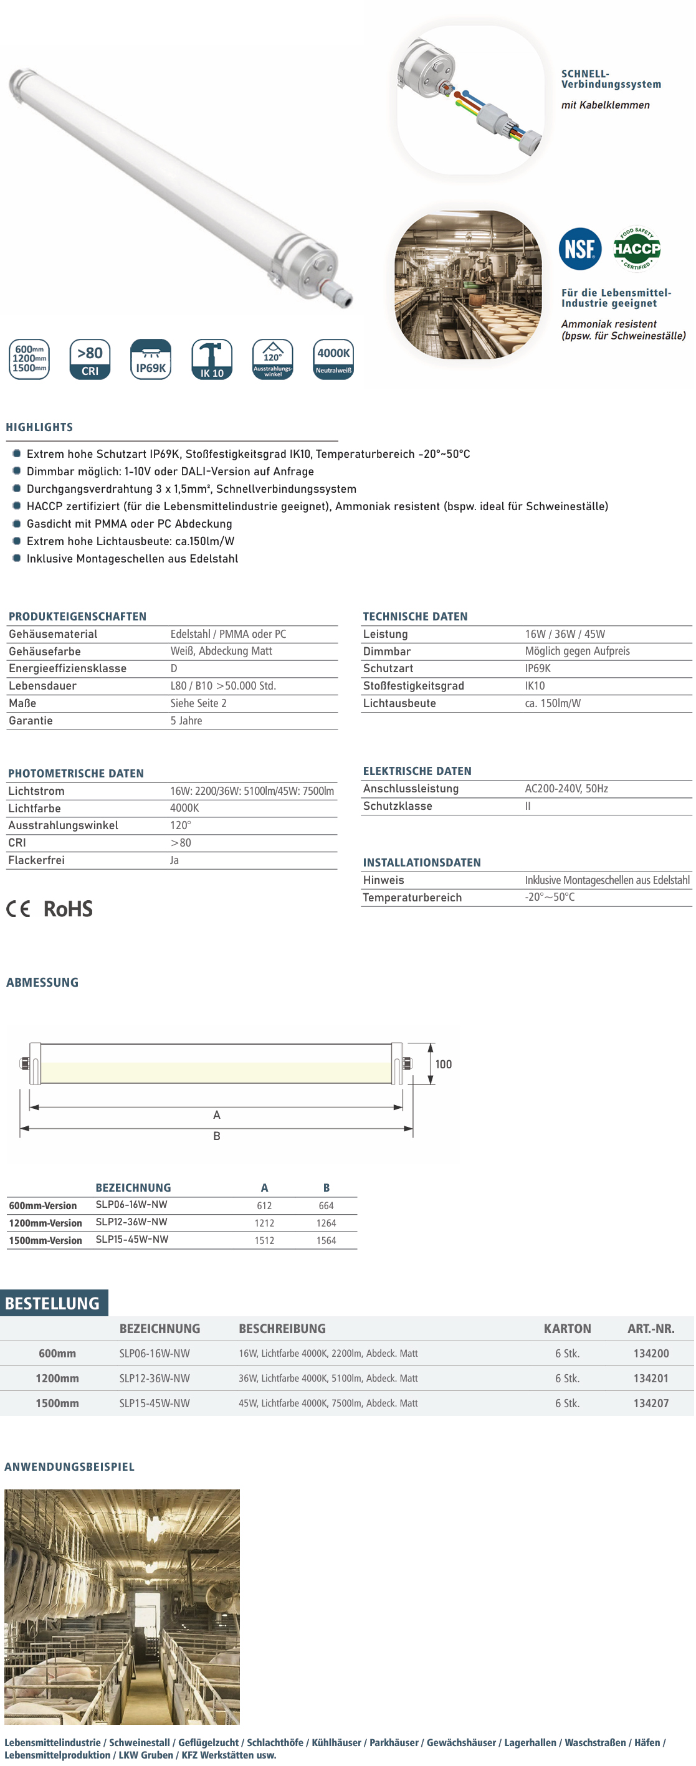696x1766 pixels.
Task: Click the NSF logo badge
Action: (579, 249)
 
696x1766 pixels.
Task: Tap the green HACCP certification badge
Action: (636, 248)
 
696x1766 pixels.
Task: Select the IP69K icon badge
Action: (151, 359)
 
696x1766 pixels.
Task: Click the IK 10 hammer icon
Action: (211, 359)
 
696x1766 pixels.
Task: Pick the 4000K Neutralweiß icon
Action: (333, 359)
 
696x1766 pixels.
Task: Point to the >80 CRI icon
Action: (90, 359)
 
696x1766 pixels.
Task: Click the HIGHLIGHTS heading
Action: (39, 427)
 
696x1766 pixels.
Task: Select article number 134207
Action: (651, 1403)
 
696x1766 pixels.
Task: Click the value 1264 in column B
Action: (326, 1222)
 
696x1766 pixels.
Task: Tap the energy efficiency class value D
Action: (173, 668)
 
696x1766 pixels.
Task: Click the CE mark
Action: (19, 909)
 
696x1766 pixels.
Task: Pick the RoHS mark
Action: (68, 909)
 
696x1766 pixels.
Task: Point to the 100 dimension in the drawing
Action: (443, 1064)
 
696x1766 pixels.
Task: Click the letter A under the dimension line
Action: (217, 1114)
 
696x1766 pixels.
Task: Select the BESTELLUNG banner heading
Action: (53, 1303)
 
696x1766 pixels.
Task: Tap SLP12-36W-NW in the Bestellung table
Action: (155, 1378)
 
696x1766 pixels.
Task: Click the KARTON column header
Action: (567, 1328)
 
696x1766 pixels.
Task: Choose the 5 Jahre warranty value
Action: (186, 721)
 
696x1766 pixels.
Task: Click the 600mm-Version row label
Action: (42, 1205)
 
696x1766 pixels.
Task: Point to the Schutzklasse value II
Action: (528, 806)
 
